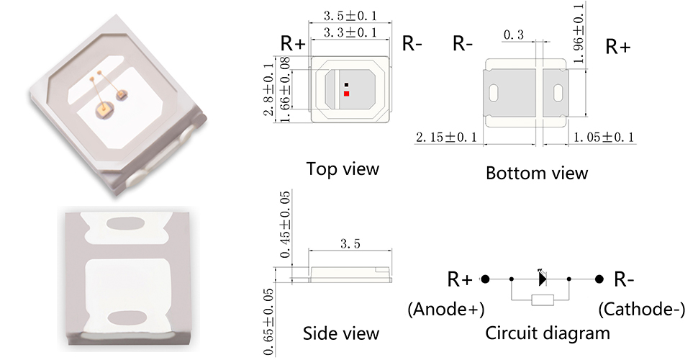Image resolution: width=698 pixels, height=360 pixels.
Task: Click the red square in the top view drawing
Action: (346, 94)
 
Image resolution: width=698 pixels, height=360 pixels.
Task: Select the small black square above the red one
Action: (346, 85)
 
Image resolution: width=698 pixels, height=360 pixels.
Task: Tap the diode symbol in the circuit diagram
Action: (542, 279)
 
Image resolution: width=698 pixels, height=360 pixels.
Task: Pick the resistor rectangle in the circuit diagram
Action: (543, 300)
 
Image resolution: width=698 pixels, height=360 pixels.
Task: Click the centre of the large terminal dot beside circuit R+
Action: (485, 279)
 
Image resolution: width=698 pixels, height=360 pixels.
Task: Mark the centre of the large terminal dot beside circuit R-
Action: (599, 279)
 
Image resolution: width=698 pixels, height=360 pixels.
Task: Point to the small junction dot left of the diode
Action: (512, 279)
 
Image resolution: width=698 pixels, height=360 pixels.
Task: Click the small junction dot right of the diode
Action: (569, 279)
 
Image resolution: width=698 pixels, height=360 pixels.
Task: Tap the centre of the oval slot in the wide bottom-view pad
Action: (493, 94)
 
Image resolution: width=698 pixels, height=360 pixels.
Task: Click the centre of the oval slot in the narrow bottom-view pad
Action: (558, 94)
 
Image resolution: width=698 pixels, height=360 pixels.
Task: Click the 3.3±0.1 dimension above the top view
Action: (350, 32)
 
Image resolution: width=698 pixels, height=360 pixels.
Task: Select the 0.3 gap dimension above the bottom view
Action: (514, 35)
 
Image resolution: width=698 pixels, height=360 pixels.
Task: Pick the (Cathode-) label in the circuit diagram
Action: (641, 309)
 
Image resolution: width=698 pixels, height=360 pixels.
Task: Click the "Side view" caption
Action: (341, 333)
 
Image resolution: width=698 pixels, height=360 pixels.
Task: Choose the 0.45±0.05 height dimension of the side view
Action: (285, 224)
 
